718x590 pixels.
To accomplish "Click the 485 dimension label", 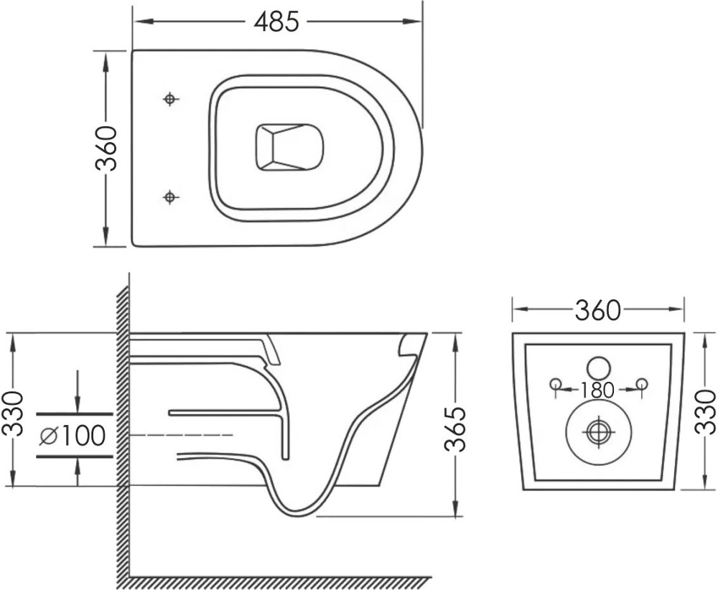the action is pyautogui.click(x=276, y=22).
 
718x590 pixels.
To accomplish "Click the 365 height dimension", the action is pyautogui.click(x=455, y=429).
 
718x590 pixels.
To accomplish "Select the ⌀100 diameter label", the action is pyautogui.click(x=73, y=435).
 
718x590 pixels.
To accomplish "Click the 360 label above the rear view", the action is pyautogui.click(x=597, y=310).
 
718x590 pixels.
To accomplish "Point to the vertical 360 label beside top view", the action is pyautogui.click(x=106, y=149).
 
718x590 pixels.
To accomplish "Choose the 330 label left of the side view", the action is pyautogui.click(x=13, y=413).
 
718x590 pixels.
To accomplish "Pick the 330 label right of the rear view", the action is pyautogui.click(x=705, y=411).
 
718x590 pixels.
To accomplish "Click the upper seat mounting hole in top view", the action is pyautogui.click(x=170, y=99).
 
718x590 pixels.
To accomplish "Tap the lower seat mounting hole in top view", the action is pyautogui.click(x=170, y=197).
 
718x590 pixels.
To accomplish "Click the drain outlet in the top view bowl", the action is pyautogui.click(x=289, y=147).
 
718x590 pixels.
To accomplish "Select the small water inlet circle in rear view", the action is pyautogui.click(x=599, y=367).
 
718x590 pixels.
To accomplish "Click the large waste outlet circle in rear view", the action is pyautogui.click(x=599, y=431).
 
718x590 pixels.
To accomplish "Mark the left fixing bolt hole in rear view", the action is pyautogui.click(x=556, y=383).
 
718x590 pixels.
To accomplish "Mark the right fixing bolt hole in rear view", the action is pyautogui.click(x=642, y=383).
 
